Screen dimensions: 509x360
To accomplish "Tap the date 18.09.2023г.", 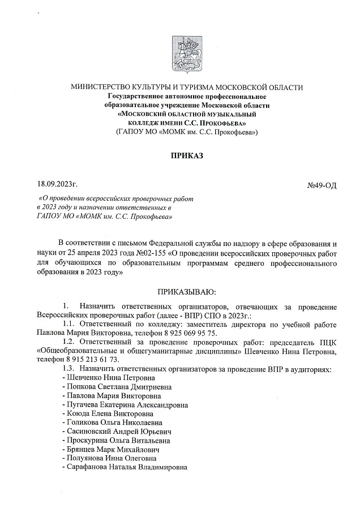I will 57,184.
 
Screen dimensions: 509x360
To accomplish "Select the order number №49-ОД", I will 322,186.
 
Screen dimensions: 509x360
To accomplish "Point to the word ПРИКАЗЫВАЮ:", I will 186,292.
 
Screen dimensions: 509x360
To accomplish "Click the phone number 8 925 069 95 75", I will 186,334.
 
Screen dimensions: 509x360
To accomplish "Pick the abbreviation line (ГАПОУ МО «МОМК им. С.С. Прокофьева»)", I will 187,132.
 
